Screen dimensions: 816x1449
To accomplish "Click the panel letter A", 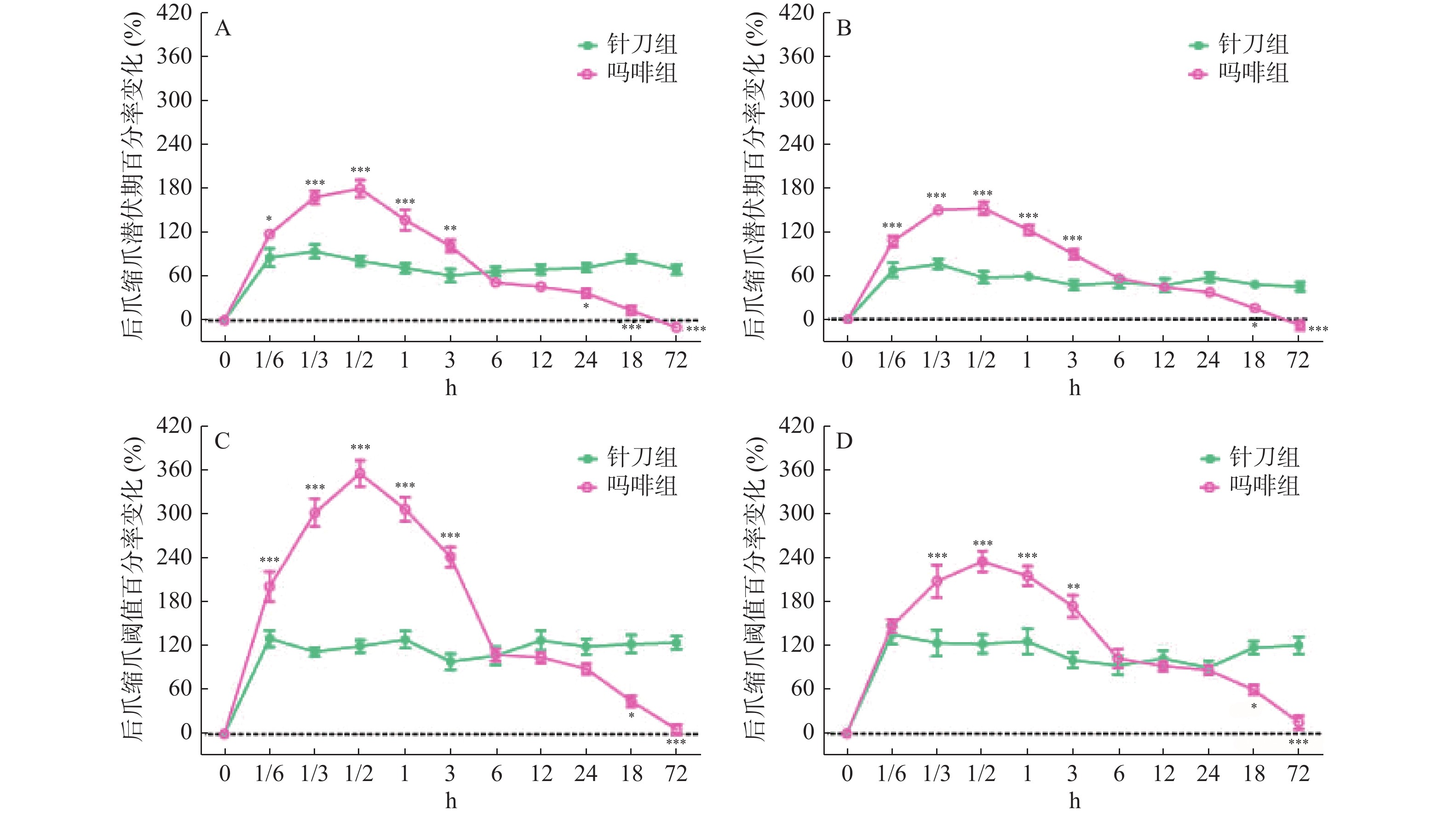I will [x=223, y=28].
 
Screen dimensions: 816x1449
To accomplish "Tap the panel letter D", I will [x=844, y=442].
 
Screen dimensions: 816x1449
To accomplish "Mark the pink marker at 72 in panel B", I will [x=1299, y=325].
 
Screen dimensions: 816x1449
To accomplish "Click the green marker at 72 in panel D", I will [x=1298, y=645].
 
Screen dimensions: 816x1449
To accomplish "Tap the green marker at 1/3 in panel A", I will [x=315, y=252].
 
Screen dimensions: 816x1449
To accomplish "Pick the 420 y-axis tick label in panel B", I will [x=797, y=12].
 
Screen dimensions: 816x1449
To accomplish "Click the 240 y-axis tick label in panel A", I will [x=174, y=144].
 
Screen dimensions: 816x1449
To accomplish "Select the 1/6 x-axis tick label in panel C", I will [x=269, y=774].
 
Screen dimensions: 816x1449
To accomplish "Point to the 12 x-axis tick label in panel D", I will [x=1164, y=774].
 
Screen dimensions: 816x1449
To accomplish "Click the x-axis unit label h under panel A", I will [x=450, y=388].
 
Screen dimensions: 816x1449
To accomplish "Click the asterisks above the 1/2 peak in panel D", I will [x=982, y=544].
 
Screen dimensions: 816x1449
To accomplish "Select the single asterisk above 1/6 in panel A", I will [x=269, y=219].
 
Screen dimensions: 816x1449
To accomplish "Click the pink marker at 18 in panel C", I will [x=631, y=701].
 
